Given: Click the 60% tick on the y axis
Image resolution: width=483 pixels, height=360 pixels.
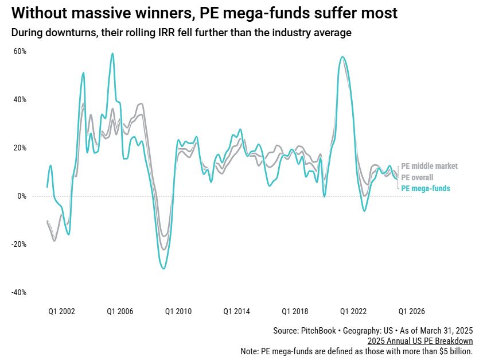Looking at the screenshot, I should click(20, 51).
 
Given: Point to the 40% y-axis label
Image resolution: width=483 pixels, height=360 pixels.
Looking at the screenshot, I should click(20, 99).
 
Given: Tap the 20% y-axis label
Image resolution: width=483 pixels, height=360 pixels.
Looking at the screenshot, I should click(20, 148).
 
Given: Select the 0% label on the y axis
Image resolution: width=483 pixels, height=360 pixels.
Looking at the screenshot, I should click(22, 196).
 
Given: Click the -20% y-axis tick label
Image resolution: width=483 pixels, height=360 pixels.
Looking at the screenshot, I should click(19, 244).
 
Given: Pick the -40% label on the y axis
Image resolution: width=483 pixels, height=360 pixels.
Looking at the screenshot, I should click(19, 292).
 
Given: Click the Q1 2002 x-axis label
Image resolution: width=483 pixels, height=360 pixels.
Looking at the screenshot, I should click(61, 311).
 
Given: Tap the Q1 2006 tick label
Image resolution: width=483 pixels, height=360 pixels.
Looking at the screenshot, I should click(120, 311).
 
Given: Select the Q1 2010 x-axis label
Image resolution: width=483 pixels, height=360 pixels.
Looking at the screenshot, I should click(178, 311).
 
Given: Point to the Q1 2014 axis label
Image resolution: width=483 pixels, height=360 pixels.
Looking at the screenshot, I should click(237, 311).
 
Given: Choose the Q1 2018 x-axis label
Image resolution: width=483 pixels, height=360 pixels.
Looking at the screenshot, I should click(295, 311).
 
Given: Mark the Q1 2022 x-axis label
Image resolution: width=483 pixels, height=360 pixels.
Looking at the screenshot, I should click(353, 311).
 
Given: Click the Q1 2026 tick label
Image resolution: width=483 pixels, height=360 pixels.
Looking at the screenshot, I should click(412, 311).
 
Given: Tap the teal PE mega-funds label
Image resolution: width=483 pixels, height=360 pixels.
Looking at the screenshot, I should click(425, 188).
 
